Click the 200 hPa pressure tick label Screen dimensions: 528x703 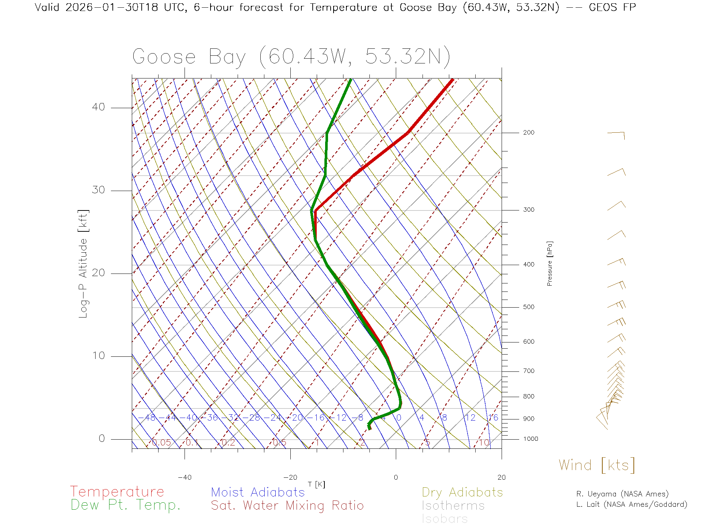point(528,133)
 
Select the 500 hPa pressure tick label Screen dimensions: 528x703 point(528,307)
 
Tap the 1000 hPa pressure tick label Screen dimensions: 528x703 point(531,439)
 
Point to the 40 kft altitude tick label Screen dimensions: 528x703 point(98,107)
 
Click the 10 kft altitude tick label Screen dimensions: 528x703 point(98,356)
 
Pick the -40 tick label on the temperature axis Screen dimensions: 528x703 point(185,477)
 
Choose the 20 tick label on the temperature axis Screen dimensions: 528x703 point(501,477)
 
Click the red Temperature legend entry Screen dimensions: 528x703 point(117,492)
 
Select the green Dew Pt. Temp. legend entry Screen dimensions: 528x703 point(126,505)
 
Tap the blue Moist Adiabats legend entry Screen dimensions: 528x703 point(258,492)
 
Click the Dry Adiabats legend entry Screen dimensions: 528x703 point(462,492)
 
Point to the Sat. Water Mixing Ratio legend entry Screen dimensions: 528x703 point(287,506)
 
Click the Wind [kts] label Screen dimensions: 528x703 point(597,465)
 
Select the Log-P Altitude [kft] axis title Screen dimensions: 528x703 point(83,264)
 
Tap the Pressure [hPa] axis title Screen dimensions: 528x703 point(550,263)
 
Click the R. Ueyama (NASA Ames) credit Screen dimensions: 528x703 point(622,494)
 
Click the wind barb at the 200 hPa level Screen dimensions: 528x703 point(616,135)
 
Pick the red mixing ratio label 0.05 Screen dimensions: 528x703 point(161,443)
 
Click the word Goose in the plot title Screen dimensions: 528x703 point(164,57)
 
